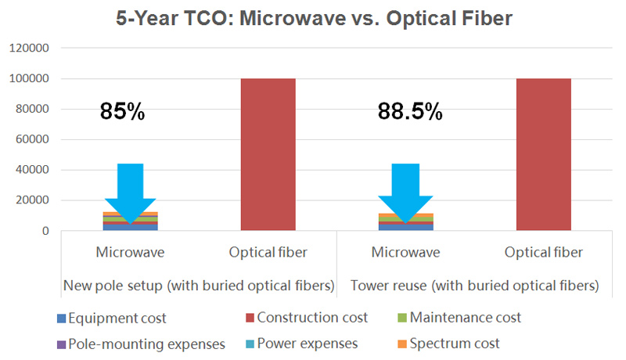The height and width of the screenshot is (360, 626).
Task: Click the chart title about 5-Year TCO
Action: point(312,18)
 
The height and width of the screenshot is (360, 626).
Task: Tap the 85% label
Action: point(122,111)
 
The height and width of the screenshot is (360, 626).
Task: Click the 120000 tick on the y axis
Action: point(29,49)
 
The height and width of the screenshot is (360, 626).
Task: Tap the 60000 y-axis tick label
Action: point(32,140)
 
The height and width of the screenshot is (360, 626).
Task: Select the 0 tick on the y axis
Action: point(46,231)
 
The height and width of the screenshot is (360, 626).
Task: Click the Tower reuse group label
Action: point(474,286)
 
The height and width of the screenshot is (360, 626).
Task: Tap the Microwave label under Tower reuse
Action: point(405,252)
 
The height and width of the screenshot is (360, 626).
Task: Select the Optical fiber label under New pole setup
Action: point(268,252)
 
